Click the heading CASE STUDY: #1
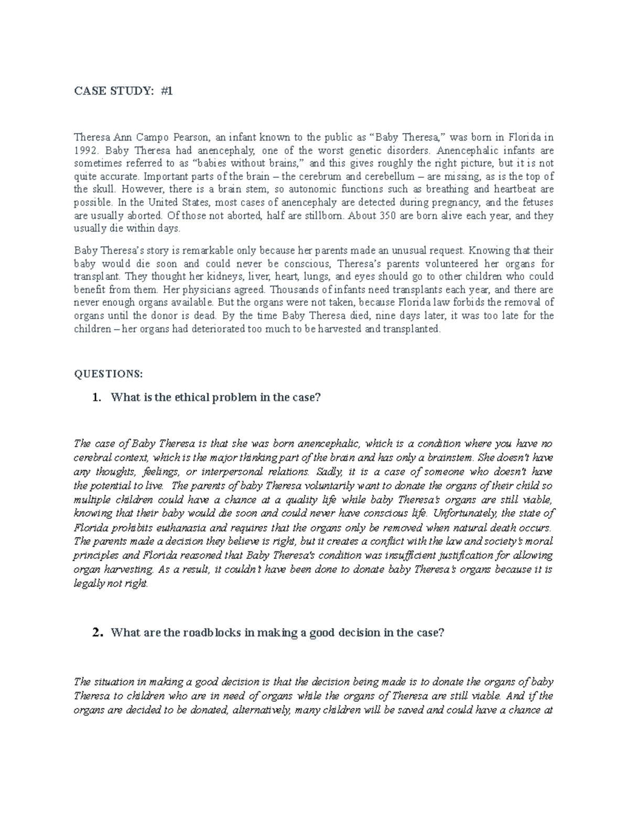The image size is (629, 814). [x=123, y=91]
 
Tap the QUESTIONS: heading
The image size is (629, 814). [x=108, y=374]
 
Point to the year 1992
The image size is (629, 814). [x=85, y=150]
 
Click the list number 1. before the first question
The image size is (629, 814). [x=96, y=397]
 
